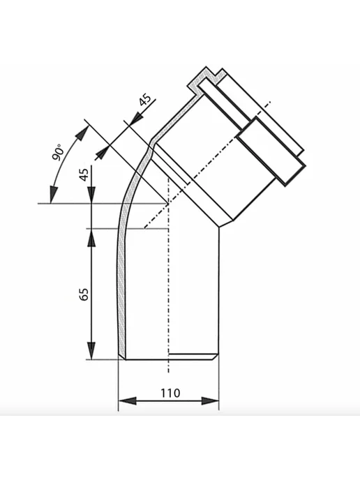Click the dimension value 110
[170, 393]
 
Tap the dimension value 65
[84, 294]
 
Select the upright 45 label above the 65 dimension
[84, 174]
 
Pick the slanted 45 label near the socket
[145, 100]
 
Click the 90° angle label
[59, 152]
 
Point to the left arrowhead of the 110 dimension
[127, 400]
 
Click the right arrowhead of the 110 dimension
[210, 400]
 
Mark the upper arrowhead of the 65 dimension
[91, 237]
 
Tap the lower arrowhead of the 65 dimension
[91, 350]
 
